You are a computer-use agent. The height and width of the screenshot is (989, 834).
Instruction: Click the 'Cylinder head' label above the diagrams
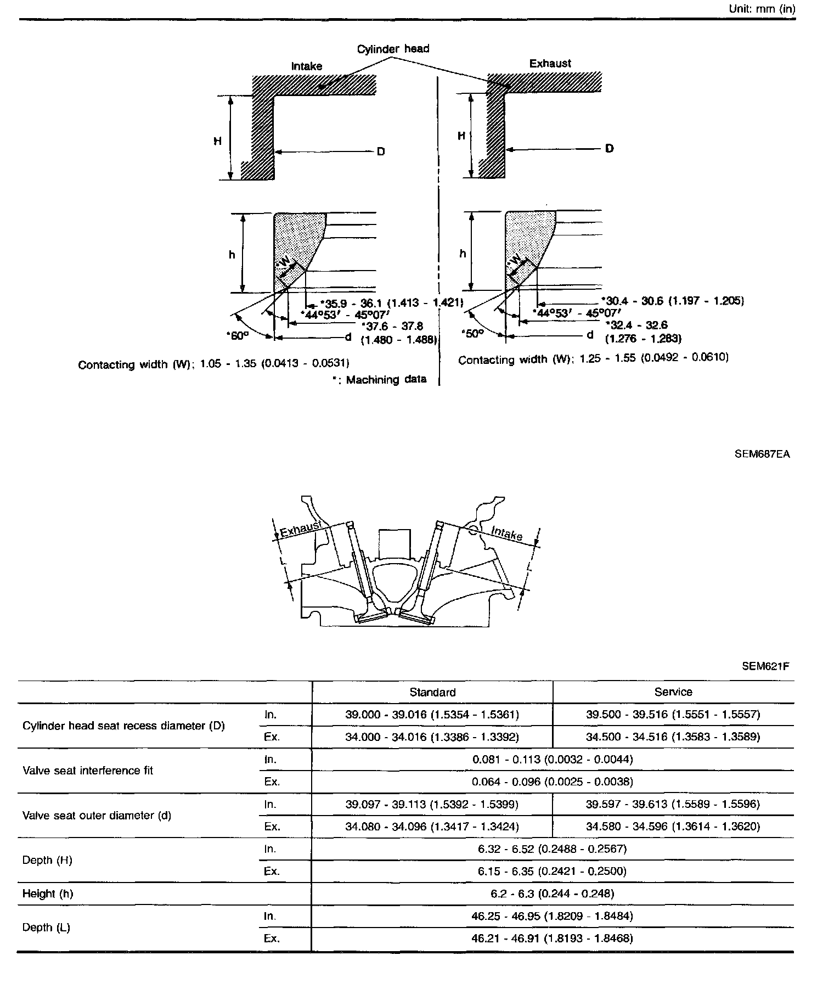393,49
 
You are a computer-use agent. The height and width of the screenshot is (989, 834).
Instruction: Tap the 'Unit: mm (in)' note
762,9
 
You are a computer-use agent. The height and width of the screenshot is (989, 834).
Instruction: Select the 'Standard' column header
432,692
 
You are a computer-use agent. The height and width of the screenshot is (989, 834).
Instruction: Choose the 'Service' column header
673,692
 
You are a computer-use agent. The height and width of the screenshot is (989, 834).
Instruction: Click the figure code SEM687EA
762,454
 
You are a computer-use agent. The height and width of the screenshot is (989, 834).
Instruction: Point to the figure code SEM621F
765,667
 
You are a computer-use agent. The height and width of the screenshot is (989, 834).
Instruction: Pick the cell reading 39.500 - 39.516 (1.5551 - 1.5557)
673,715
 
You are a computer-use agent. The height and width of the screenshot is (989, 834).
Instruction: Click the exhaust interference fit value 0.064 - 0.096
553,782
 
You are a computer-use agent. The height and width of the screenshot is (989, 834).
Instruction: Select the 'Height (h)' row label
48,894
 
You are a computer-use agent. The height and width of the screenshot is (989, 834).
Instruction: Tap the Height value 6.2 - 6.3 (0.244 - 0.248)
553,894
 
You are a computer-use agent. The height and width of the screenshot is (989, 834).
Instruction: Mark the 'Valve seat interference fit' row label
88,771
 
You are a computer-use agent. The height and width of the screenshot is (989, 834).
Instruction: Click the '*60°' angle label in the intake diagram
237,335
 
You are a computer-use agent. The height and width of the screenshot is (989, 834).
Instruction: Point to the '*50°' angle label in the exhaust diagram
473,333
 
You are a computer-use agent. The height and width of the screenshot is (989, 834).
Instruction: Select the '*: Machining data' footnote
379,380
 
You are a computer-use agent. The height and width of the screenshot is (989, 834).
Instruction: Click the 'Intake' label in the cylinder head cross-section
506,533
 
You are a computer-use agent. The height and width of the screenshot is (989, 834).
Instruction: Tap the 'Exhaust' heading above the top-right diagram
550,64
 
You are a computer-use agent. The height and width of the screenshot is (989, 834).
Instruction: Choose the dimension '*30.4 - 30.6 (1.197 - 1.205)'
673,301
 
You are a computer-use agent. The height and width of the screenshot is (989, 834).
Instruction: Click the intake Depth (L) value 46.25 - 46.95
553,916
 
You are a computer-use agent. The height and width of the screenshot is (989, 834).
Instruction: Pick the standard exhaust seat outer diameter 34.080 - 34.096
432,827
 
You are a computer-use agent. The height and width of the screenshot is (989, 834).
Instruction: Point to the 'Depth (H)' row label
47,860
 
